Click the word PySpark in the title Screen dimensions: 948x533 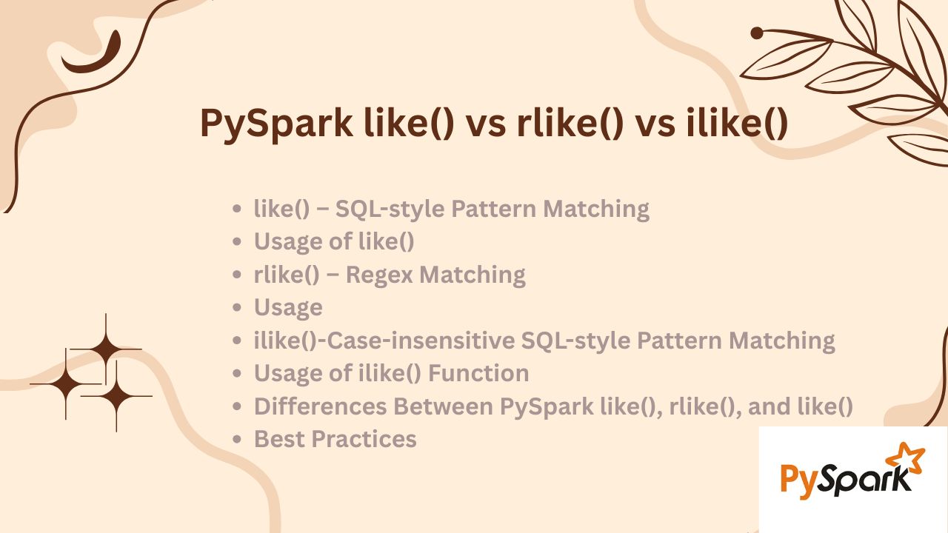coord(276,124)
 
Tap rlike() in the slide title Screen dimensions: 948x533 coord(570,123)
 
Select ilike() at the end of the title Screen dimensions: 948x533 coord(737,123)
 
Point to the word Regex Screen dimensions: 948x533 coord(379,275)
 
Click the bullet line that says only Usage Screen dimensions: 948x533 coord(288,307)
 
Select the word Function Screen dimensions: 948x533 coord(478,373)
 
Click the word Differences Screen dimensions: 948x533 coord(321,406)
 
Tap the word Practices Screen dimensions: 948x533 coord(364,439)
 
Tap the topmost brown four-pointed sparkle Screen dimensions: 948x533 coord(106,349)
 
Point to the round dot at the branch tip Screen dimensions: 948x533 coord(757,33)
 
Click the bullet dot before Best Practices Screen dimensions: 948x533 coord(237,439)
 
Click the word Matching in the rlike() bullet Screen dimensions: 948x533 coord(473,275)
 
